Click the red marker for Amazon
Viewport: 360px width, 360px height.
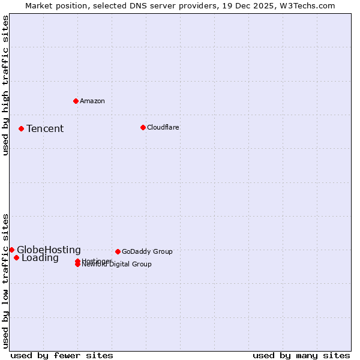[x=76, y=101]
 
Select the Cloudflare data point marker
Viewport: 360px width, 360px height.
[x=143, y=127]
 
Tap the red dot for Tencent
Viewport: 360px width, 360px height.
[x=21, y=128]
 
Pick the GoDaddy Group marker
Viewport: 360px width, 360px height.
[x=118, y=251]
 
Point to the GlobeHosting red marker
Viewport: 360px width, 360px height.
[x=11, y=250]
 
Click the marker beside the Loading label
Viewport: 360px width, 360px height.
[x=16, y=258]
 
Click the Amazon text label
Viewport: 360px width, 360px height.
[x=92, y=101]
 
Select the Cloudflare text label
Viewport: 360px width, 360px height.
[x=163, y=127]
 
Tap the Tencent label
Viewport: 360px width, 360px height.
[x=45, y=128]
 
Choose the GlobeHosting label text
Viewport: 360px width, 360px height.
[x=49, y=250]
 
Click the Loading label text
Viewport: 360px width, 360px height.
[x=40, y=258]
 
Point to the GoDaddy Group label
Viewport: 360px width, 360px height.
[x=147, y=251]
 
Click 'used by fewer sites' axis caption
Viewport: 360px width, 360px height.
[x=62, y=355]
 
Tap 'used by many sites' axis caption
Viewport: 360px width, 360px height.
[x=301, y=355]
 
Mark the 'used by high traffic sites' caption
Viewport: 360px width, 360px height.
[x=5, y=85]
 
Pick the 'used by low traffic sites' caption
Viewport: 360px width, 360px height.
[x=5, y=281]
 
